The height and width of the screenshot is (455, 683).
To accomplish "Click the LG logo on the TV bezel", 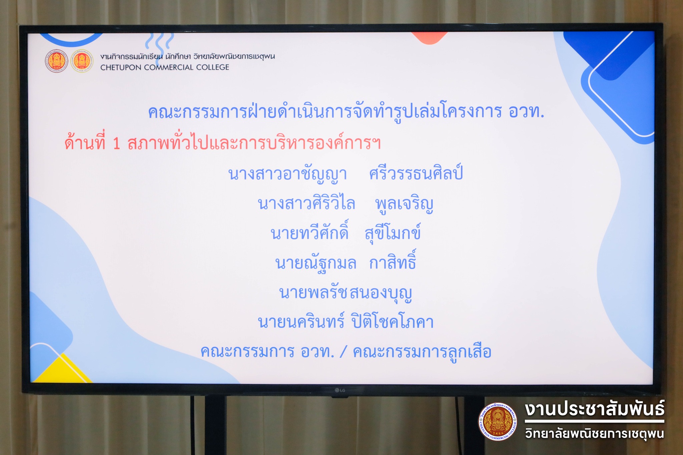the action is pyautogui.click(x=340, y=390).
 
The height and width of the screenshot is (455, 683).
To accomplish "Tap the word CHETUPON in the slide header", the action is pyautogui.click(x=121, y=67).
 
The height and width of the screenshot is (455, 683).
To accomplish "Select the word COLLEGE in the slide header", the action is pyautogui.click(x=213, y=67).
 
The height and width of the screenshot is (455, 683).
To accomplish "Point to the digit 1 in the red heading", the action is pyautogui.click(x=116, y=144).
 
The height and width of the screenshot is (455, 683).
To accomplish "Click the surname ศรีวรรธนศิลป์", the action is pyautogui.click(x=416, y=173).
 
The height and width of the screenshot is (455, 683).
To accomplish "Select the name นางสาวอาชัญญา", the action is pyautogui.click(x=287, y=174).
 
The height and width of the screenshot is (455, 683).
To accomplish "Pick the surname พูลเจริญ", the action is pyautogui.click(x=404, y=204).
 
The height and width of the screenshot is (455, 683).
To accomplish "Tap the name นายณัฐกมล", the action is pyautogui.click(x=316, y=263).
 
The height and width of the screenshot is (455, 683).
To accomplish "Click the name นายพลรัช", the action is pyautogui.click(x=314, y=293).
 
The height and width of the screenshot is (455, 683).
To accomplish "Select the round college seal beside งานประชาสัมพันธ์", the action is pyautogui.click(x=498, y=422).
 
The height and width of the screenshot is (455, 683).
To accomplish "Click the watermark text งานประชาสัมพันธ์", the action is pyautogui.click(x=595, y=409).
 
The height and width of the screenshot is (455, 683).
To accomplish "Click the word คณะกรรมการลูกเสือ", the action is pyautogui.click(x=422, y=352).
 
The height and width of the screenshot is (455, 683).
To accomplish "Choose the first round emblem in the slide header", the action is pyautogui.click(x=57, y=61).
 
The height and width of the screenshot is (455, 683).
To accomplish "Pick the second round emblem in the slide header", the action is pyautogui.click(x=82, y=61).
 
